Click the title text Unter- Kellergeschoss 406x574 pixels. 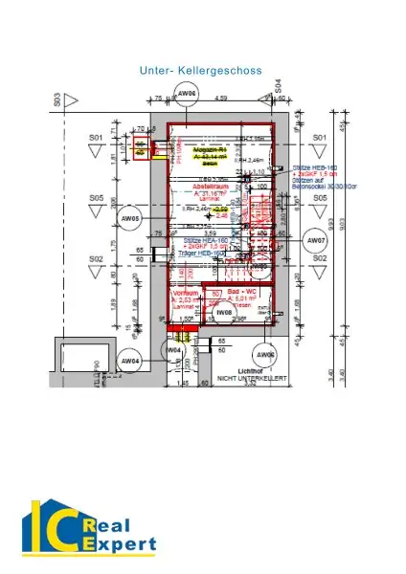tap(202, 71)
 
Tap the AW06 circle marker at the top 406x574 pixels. tap(187, 93)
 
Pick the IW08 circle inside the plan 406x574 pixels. tap(224, 312)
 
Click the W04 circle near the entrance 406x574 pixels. tap(174, 350)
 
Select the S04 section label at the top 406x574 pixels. tap(277, 87)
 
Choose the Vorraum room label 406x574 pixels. tap(185, 293)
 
